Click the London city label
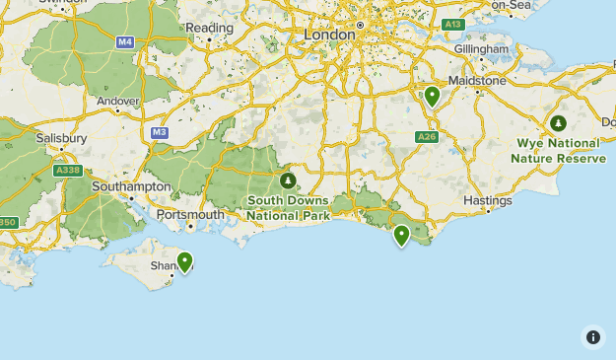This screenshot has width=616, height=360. coord(329,35)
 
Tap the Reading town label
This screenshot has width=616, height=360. coord(210,29)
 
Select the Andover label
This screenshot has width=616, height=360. coord(119,100)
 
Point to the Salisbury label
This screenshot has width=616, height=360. coord(62,139)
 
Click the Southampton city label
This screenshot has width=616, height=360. coord(131,186)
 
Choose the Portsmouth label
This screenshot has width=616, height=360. coord(191,214)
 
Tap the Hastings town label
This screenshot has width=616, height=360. coord(488,200)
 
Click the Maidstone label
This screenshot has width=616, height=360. coord(477,80)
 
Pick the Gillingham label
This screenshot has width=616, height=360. coord(480,49)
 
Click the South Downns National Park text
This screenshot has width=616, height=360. coord(288,208)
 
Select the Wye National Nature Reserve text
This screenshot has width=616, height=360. coord(559,150)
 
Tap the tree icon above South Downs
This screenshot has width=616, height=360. coord(288,181)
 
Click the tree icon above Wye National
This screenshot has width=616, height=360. coord(559,123)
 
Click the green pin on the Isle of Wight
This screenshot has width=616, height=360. coord(184,262)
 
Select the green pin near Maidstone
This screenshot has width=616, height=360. coord(432,97)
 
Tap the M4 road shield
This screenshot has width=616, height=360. coord(125,42)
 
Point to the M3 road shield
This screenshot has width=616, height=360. coord(160,131)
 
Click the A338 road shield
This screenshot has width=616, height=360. coord(68,171)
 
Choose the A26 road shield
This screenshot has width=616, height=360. coord(426,137)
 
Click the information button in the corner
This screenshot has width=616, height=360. coord(593,337)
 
